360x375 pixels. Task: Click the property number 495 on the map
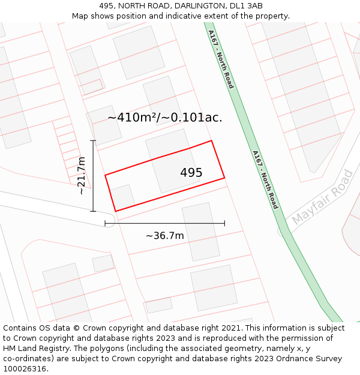pyautogui.click(x=191, y=173)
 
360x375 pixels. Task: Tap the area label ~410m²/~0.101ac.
pyautogui.click(x=164, y=118)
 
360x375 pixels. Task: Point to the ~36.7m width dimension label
pyautogui.click(x=164, y=236)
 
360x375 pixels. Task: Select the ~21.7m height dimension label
pyautogui.click(x=82, y=176)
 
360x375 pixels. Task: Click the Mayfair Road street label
pyautogui.click(x=322, y=198)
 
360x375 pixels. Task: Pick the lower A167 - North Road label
pyautogui.click(x=265, y=179)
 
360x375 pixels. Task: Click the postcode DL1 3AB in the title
pyautogui.click(x=246, y=6)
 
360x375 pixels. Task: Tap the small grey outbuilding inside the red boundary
pyautogui.click(x=122, y=197)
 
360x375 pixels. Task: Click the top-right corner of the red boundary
pyautogui.click(x=212, y=141)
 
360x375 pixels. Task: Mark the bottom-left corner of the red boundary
pyautogui.click(x=115, y=211)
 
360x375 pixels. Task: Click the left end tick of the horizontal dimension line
pyautogui.click(x=105, y=223)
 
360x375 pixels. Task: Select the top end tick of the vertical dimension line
pyautogui.click(x=93, y=140)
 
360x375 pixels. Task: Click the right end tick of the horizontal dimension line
pyautogui.click(x=224, y=223)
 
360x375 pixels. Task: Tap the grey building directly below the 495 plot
pyautogui.click(x=201, y=231)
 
